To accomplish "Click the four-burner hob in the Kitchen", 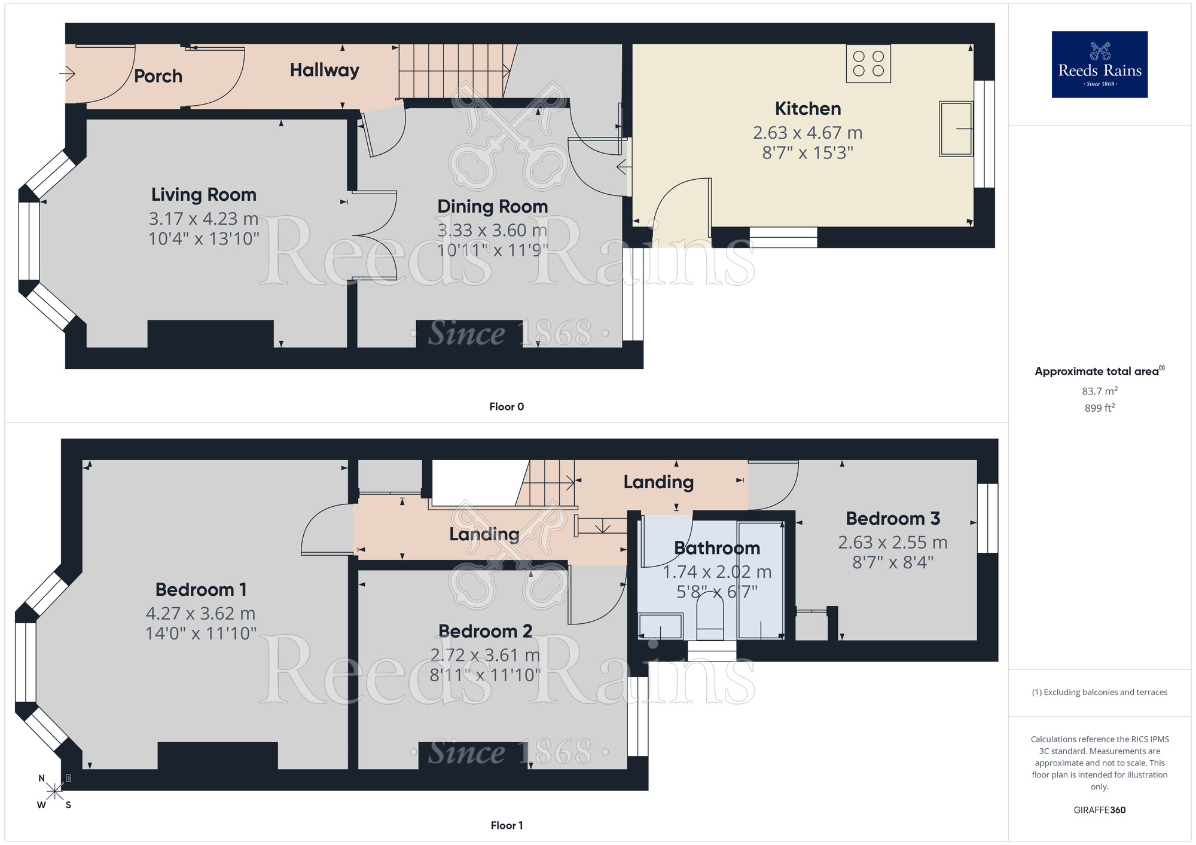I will coord(868,64).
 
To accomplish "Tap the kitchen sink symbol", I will coord(956,128).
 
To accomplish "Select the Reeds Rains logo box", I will coord(1099,65).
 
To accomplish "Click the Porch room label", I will coord(158,76).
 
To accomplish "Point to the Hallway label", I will coord(324,71).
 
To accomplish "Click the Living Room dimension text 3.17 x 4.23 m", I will coord(203,219).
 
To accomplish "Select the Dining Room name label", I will coord(492,207).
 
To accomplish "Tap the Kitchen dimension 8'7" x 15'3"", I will coord(807,153).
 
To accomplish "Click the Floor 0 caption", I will coord(506,407).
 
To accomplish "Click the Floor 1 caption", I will coord(506,825).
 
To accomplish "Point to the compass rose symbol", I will coord(54,792).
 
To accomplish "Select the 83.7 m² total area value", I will coord(1099,391).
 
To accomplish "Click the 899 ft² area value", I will coord(1099,408).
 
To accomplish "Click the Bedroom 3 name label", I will coord(892,519).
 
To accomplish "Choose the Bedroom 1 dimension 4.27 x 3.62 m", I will coord(200,614).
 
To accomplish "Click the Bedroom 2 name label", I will coord(485,632).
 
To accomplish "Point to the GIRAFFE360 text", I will coord(1099,810).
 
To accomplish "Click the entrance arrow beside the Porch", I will coord(67,74).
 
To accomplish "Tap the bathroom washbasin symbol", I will coord(660,626).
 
